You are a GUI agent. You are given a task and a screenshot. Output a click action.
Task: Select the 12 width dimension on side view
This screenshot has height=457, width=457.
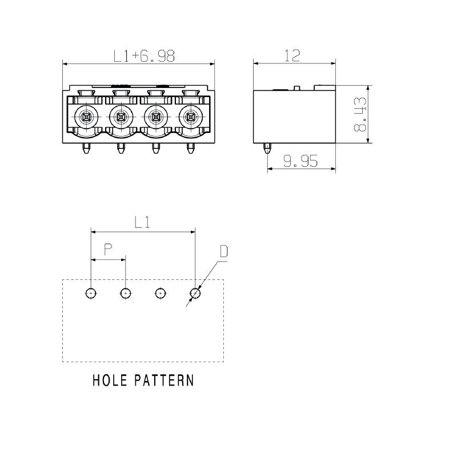292,55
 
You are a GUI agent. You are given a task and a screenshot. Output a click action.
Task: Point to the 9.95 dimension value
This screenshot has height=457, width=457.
300,162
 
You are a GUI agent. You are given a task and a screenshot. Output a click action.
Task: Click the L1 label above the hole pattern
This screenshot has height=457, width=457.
142,223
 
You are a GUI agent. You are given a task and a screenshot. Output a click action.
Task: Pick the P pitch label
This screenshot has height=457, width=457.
107,250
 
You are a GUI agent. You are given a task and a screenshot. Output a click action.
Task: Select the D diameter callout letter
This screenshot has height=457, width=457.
224,251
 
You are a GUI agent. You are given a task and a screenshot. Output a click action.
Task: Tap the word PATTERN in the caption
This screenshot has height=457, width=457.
165,380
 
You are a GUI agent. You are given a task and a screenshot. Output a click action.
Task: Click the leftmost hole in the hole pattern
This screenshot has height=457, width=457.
91,293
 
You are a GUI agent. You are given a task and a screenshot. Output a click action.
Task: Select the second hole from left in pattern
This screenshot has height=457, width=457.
126,293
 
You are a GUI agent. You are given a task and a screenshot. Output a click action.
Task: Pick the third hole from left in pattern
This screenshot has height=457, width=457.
161,293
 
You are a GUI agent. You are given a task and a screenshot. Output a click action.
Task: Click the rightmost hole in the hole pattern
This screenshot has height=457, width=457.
195,293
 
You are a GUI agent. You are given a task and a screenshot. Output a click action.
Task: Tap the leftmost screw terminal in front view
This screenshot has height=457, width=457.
86,117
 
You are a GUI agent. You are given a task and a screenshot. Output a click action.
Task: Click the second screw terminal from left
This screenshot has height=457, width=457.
121,117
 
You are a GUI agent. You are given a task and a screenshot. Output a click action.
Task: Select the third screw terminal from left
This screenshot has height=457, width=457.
155,117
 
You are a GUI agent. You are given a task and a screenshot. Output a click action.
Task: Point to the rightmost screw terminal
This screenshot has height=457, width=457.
190,117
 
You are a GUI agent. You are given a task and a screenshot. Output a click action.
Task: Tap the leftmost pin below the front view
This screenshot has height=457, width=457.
86,149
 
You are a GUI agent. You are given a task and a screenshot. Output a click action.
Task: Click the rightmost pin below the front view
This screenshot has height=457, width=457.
190,149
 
